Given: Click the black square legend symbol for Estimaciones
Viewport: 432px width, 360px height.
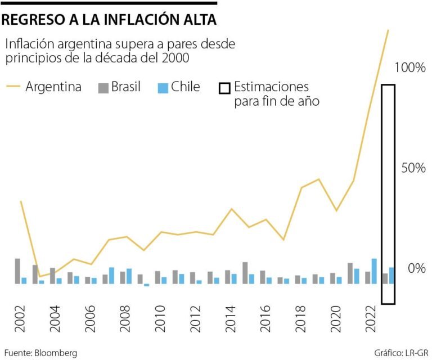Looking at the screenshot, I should pyautogui.click(x=224, y=88).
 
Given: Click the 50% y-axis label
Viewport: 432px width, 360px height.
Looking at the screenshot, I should pyautogui.click(x=413, y=168).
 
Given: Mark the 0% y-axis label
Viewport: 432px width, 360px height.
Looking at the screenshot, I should pyautogui.click(x=417, y=268).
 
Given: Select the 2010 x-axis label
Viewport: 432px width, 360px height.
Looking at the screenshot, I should pyautogui.click(x=160, y=322).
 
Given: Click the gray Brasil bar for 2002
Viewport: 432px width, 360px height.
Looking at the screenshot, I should pyautogui.click(x=17, y=271).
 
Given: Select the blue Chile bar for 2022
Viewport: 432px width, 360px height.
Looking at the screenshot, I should pyautogui.click(x=374, y=271).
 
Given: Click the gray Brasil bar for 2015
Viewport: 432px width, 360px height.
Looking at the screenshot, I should pyautogui.click(x=245, y=273).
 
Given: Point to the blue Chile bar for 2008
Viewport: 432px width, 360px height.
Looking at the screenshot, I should pyautogui.click(x=129, y=276).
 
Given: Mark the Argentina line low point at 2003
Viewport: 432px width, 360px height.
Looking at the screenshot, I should pyautogui.click(x=39, y=276).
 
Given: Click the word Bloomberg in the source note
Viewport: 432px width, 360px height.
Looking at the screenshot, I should pyautogui.click(x=56, y=353).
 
